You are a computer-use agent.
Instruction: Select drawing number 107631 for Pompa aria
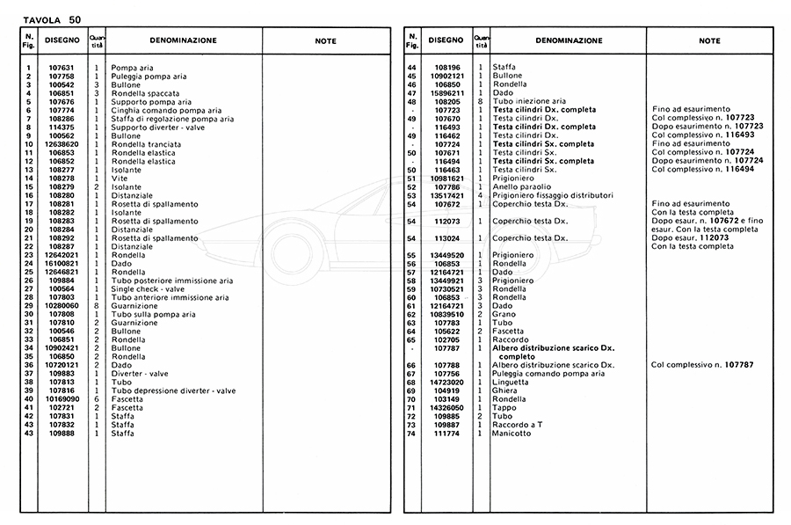click(61, 68)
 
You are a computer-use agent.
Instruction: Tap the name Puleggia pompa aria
click(146, 77)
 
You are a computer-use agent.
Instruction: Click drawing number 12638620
click(61, 144)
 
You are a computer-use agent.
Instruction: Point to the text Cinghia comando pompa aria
click(165, 110)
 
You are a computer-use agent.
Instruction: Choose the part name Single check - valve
click(148, 288)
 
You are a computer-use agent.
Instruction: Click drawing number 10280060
click(61, 305)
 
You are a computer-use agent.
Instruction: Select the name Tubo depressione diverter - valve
click(173, 390)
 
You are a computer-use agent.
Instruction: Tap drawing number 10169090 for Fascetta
click(61, 399)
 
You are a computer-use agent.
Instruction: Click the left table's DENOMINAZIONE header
click(183, 40)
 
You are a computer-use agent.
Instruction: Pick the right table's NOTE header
click(709, 40)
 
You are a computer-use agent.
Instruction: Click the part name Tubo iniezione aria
click(529, 101)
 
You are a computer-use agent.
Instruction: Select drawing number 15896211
click(447, 92)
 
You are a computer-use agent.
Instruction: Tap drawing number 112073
click(447, 221)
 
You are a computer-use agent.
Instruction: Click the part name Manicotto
click(512, 433)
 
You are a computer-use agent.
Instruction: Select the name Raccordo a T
click(518, 425)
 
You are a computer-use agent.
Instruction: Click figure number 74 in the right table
click(411, 433)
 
